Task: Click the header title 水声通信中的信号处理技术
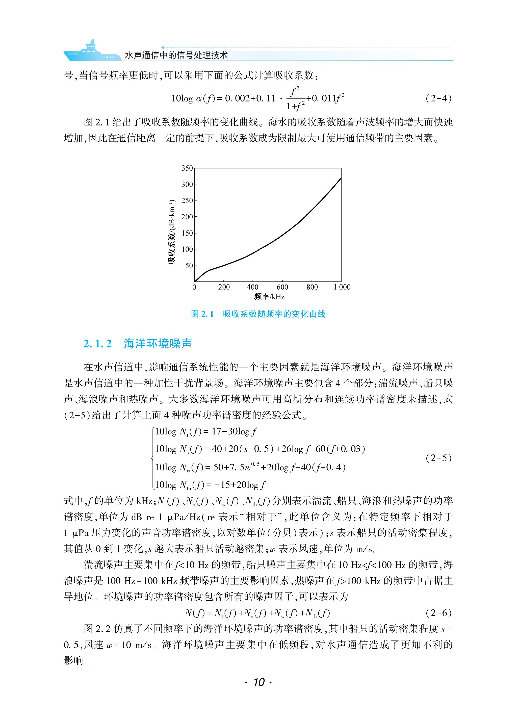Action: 176,55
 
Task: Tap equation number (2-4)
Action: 438,98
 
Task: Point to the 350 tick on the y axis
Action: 187,168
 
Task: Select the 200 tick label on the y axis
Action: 187,217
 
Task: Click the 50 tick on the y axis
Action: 189,265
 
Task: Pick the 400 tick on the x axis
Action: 253,287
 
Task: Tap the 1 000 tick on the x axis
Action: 342,287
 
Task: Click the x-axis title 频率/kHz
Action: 269,297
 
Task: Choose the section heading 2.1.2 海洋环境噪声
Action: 137,344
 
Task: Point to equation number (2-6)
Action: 438,613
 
